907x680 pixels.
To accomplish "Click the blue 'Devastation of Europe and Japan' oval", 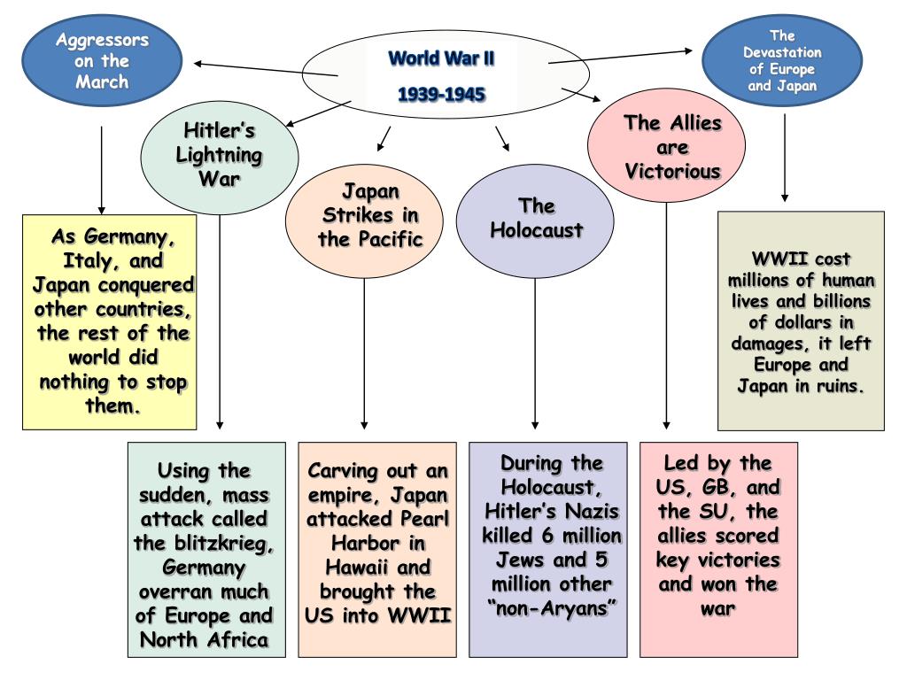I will click(x=781, y=61).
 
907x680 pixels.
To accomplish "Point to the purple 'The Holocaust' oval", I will click(x=536, y=218).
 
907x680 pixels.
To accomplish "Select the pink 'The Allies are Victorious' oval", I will click(x=672, y=146).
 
